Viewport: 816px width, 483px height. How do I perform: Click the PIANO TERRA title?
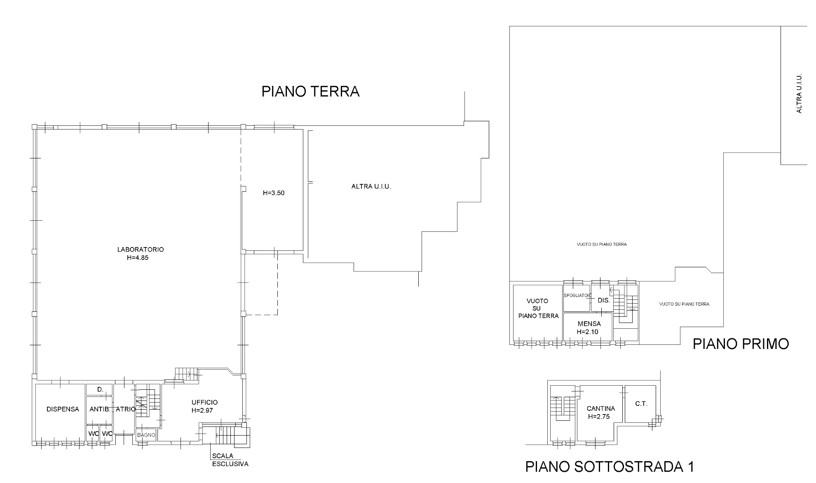pos(310,91)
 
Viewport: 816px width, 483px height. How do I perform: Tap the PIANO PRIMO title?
pos(741,344)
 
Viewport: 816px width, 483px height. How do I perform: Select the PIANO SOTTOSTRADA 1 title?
pos(610,467)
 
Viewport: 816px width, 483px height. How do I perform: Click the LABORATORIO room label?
pos(141,250)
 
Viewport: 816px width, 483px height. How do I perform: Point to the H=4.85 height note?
pos(138,258)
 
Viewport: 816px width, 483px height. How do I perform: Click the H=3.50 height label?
pos(274,193)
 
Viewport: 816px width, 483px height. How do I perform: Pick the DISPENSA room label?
pos(63,409)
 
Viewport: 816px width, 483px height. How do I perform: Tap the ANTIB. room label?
pos(100,409)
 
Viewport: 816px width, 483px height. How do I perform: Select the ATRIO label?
pos(126,409)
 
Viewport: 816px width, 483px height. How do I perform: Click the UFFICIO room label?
pos(204,402)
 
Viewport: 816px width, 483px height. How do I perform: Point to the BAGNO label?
pos(146,435)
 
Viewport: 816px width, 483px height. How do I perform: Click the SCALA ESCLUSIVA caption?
pos(230,460)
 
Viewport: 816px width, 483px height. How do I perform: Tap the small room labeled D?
pos(100,389)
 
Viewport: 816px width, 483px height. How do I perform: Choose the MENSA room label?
pos(589,324)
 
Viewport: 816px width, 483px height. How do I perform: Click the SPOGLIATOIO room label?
pos(578,295)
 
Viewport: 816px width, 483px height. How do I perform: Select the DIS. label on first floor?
pos(604,300)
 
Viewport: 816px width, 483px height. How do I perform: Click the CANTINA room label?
pos(601,408)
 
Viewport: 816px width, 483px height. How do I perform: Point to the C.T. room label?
pos(641,404)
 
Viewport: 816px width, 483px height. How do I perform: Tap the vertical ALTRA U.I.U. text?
pos(799,94)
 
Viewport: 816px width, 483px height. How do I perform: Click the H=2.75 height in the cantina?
pos(599,417)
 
